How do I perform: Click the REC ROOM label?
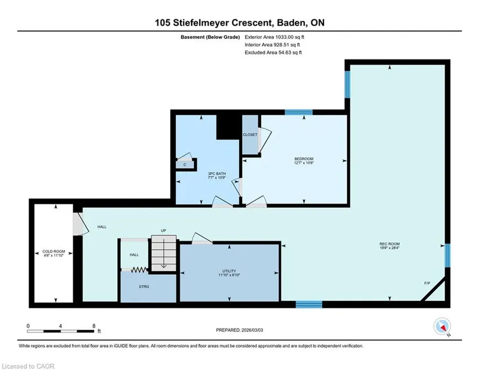point(390,244)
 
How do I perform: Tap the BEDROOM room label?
point(304,159)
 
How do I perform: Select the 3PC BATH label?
point(217,174)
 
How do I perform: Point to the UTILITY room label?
point(229,271)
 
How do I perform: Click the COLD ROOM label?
point(54,252)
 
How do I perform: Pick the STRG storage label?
point(144,286)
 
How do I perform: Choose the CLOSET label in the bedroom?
point(250,135)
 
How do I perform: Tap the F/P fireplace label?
point(427,283)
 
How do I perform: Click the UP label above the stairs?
point(163,231)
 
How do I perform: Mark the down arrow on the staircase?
point(164,253)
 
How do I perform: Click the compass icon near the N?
point(442,326)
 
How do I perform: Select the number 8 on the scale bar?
point(94,326)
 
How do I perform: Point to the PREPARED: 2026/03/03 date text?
point(239,330)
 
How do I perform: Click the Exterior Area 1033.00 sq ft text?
point(274,37)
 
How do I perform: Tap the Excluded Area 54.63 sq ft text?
point(273,52)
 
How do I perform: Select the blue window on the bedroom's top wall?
point(298,112)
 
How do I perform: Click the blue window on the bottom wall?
point(309,304)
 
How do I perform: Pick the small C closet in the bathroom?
point(185,165)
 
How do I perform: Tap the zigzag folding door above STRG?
point(139,270)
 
